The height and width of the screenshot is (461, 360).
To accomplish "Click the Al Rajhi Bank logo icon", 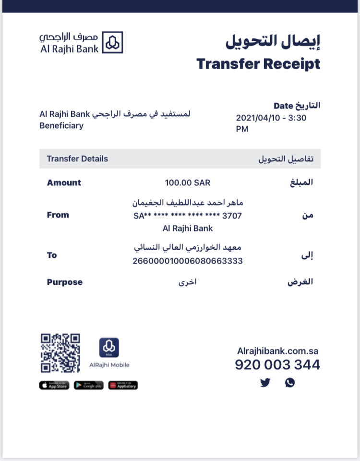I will [113, 42].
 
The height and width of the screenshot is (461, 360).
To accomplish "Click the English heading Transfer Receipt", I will [258, 63].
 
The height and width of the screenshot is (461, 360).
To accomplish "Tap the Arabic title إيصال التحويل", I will [273, 41].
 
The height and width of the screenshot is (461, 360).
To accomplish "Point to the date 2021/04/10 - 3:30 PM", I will [271, 123].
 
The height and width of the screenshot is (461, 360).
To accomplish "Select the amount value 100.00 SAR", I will [187, 183].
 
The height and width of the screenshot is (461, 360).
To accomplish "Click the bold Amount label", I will [64, 183].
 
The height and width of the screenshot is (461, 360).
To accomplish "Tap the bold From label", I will [58, 215].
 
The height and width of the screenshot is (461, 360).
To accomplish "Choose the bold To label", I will [52, 255].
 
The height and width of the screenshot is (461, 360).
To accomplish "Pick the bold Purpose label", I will [64, 282].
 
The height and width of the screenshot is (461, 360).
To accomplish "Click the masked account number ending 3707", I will [187, 216].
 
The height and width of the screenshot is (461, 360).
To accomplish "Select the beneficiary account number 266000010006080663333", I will [187, 261].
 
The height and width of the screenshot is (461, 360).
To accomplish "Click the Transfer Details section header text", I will [77, 159].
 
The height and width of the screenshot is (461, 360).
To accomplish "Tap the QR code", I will [60, 353].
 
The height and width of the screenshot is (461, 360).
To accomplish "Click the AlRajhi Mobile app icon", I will [109, 348].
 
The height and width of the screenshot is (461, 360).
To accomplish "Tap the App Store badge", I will [54, 385].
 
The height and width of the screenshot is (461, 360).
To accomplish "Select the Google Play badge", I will [88, 385].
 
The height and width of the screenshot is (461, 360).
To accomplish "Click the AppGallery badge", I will [123, 385].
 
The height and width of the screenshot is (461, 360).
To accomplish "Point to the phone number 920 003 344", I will [277, 365].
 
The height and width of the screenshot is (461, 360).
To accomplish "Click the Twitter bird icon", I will [265, 383].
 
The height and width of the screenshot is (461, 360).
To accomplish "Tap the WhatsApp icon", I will [289, 383].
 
